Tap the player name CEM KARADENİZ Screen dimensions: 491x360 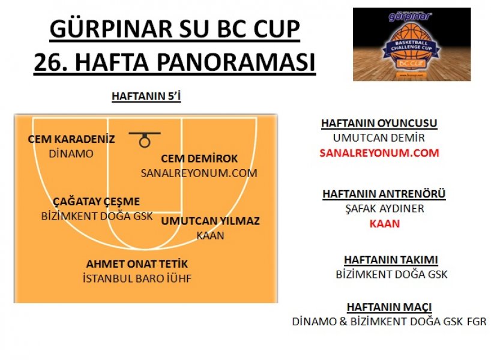tap(71, 139)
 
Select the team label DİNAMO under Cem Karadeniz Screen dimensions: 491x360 tap(71, 154)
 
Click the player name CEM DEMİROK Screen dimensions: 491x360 tap(199, 158)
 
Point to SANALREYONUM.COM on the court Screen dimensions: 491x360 tap(199, 173)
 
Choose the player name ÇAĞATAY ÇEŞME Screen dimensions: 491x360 tap(96, 202)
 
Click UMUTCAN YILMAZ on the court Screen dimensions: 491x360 tap(211, 221)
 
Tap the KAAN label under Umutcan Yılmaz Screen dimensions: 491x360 tap(210, 235)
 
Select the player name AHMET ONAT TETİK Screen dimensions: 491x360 tap(137, 264)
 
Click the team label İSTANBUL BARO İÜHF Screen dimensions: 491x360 tap(137, 278)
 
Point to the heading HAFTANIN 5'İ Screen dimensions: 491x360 tap(146, 96)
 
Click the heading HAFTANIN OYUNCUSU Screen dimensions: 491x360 tap(379, 123)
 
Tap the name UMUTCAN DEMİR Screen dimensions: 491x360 tap(379, 138)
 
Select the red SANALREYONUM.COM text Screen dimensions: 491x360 tap(379, 153)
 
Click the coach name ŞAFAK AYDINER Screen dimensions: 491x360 tap(385, 209)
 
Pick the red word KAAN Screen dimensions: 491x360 tap(385, 224)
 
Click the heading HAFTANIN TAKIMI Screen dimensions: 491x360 tap(391, 260)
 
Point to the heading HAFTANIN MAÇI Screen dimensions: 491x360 tap(389, 307)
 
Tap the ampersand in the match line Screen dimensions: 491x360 tap(343, 322)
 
